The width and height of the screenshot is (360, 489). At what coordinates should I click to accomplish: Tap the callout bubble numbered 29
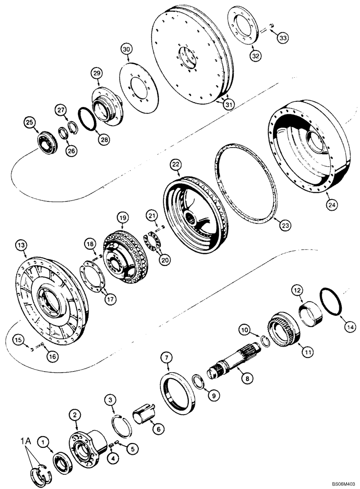[x=97, y=73]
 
